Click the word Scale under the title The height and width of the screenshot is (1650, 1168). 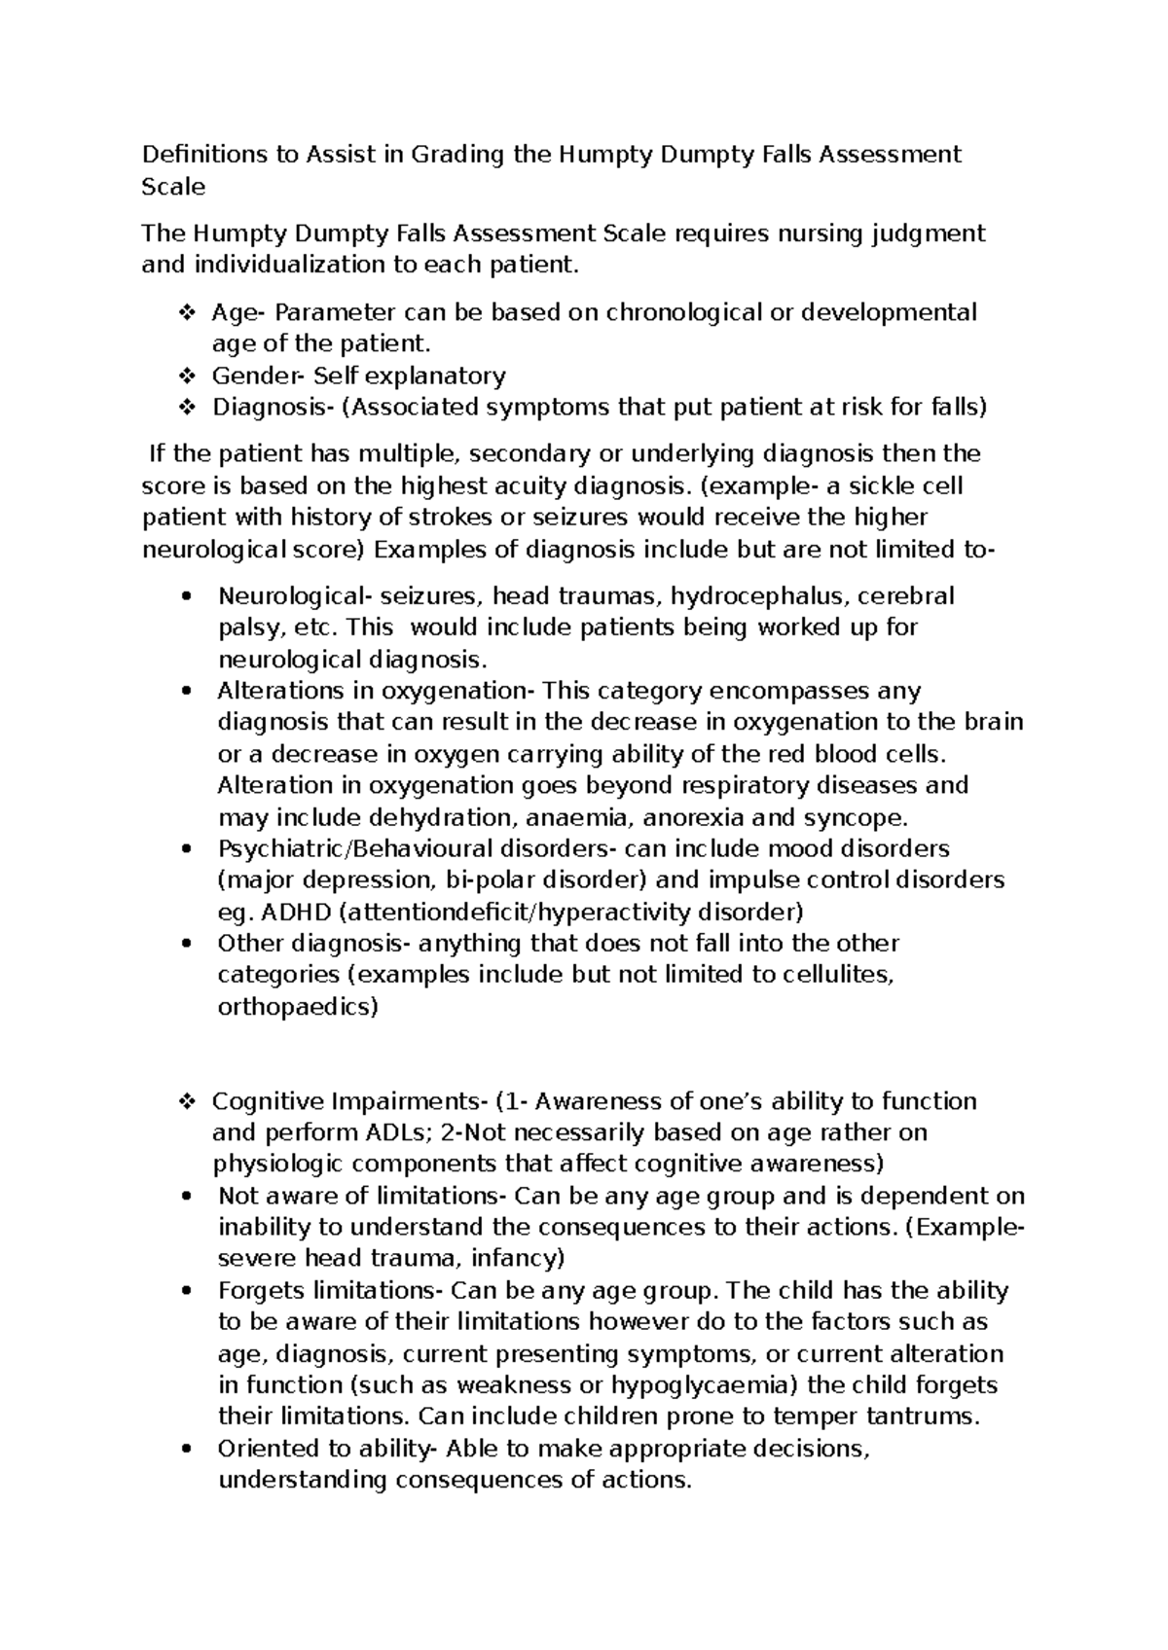(x=173, y=187)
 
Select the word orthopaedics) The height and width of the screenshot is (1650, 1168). (x=297, y=1007)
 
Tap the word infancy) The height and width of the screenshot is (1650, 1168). (x=518, y=1258)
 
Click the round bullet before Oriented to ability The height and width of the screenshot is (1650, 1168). (x=186, y=1449)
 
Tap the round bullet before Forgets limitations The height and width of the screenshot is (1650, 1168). (x=186, y=1291)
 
